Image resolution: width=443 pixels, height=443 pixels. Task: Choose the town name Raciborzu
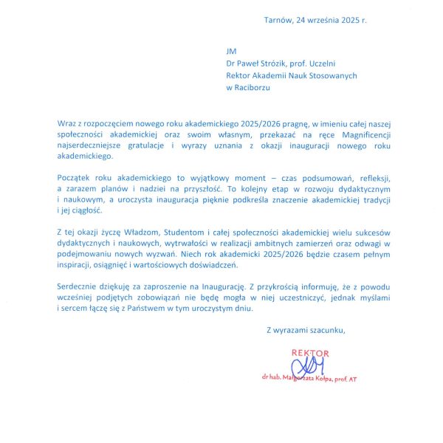253,87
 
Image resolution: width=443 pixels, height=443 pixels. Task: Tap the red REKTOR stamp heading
310,353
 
